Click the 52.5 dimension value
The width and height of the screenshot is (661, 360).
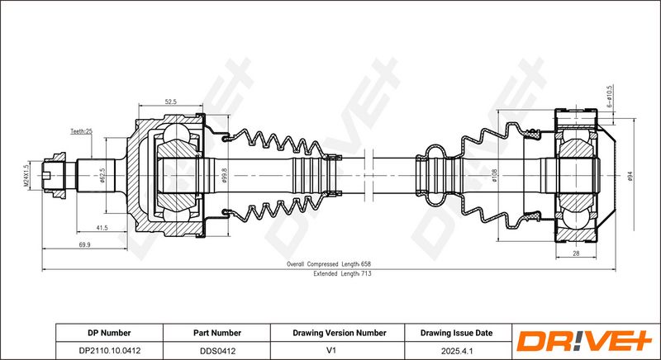pos(170,102)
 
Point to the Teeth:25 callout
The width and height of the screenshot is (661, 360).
pos(81,131)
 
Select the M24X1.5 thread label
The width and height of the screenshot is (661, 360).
pos(26,175)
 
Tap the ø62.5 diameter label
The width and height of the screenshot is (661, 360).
pos(102,175)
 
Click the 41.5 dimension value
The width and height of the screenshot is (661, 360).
pos(102,228)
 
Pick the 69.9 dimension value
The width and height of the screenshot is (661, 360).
pos(84,244)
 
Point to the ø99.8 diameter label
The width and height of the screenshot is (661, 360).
pos(224,176)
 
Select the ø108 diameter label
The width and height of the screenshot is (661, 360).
pos(495,175)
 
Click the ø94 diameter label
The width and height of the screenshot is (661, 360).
pos(630,176)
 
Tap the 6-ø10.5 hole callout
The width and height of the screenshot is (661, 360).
pos(610,97)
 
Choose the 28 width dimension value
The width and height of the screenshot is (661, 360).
pos(576,253)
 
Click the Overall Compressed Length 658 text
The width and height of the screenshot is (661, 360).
pos(328,264)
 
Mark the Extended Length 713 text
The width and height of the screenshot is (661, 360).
pos(342,273)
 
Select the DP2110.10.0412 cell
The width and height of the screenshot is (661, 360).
pos(110,351)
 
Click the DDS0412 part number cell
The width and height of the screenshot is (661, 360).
pos(217,351)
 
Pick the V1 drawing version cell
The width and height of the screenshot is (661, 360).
pos(337,351)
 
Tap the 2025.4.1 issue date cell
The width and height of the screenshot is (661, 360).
pos(457,351)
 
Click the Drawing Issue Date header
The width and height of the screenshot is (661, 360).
pos(456,333)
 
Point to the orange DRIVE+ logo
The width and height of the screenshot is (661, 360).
pos(585,342)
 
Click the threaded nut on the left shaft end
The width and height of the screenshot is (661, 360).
pos(54,175)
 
